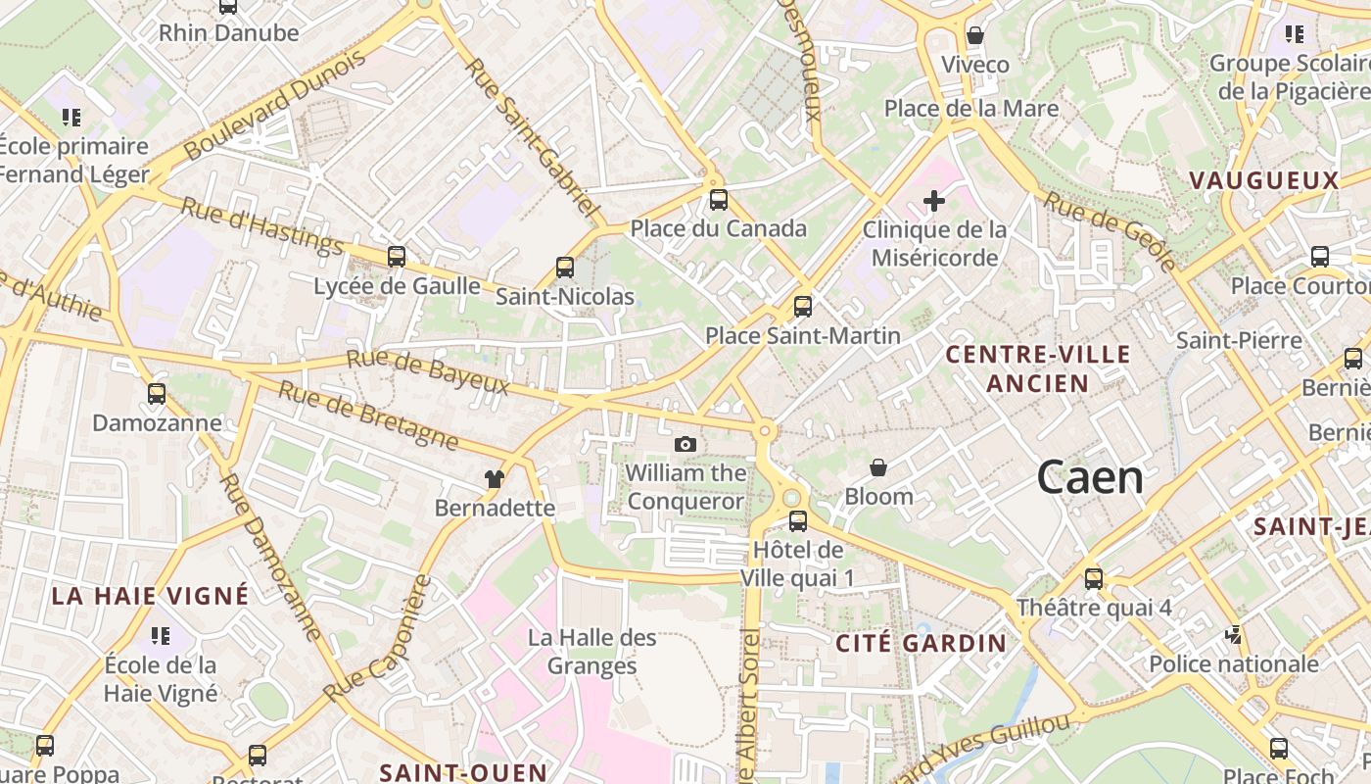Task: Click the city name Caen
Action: [x=1090, y=477]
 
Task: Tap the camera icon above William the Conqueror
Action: [x=685, y=445]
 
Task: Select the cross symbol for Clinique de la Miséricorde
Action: [x=934, y=202]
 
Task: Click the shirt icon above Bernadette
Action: [x=495, y=479]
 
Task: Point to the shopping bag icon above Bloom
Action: [x=878, y=468]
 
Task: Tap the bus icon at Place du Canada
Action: [x=719, y=200]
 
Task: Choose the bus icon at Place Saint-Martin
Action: [x=803, y=307]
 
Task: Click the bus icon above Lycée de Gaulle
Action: [x=397, y=257]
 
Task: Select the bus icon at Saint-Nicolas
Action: [x=565, y=268]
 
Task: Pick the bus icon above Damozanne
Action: [x=157, y=394]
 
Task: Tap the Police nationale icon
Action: [x=1233, y=635]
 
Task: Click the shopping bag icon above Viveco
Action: [x=975, y=36]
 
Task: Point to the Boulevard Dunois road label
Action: [x=275, y=105]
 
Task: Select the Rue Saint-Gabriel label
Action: [x=530, y=136]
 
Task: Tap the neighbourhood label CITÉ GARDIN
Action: [x=921, y=643]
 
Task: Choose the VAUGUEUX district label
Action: [x=1263, y=180]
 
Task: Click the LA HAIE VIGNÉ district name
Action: [x=150, y=595]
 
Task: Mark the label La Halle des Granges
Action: [x=592, y=652]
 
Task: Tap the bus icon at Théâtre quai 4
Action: [x=1094, y=579]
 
